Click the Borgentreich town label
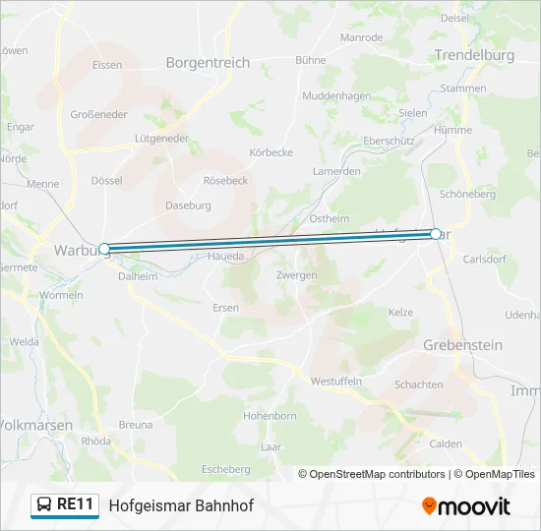click(x=208, y=63)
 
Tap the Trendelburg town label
click(x=474, y=56)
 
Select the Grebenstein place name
click(x=462, y=345)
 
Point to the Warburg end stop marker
click(x=104, y=250)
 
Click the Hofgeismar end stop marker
click(x=436, y=234)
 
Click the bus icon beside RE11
click(x=44, y=505)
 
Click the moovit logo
click(x=466, y=506)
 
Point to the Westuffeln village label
click(x=336, y=381)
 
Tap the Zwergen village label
click(x=297, y=275)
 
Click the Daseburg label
click(x=188, y=206)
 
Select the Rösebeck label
click(x=225, y=181)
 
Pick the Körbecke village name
click(x=271, y=152)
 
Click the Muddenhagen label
click(x=336, y=96)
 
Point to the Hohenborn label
click(x=270, y=416)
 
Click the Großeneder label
click(x=99, y=114)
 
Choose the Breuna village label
click(x=136, y=425)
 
